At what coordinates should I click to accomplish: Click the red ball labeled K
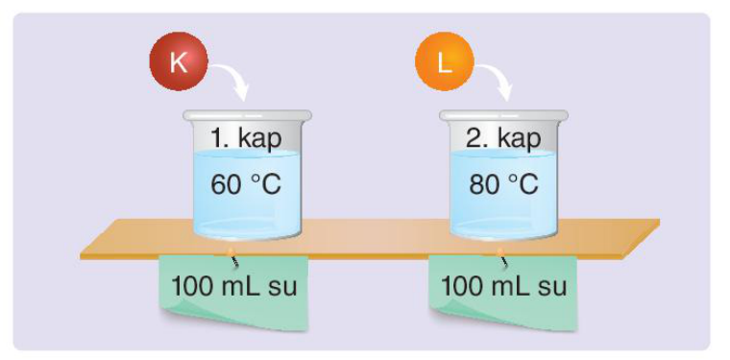click(x=179, y=60)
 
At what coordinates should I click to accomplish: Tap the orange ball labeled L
click(x=445, y=60)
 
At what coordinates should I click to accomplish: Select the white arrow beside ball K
click(x=231, y=80)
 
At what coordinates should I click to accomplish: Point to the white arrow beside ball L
click(x=496, y=80)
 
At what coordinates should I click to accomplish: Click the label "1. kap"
click(x=246, y=138)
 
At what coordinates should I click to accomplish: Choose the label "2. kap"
click(x=503, y=138)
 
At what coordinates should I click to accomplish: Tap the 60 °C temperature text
click(x=246, y=184)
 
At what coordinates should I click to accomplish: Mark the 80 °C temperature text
click(x=503, y=184)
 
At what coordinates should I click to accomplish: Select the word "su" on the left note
click(x=282, y=288)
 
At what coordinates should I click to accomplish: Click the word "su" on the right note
click(x=552, y=288)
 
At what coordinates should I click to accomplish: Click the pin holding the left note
click(x=232, y=257)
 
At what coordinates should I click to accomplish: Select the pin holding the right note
click(x=502, y=257)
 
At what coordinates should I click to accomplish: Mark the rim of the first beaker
click(x=247, y=115)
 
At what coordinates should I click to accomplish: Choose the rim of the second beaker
click(x=503, y=115)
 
